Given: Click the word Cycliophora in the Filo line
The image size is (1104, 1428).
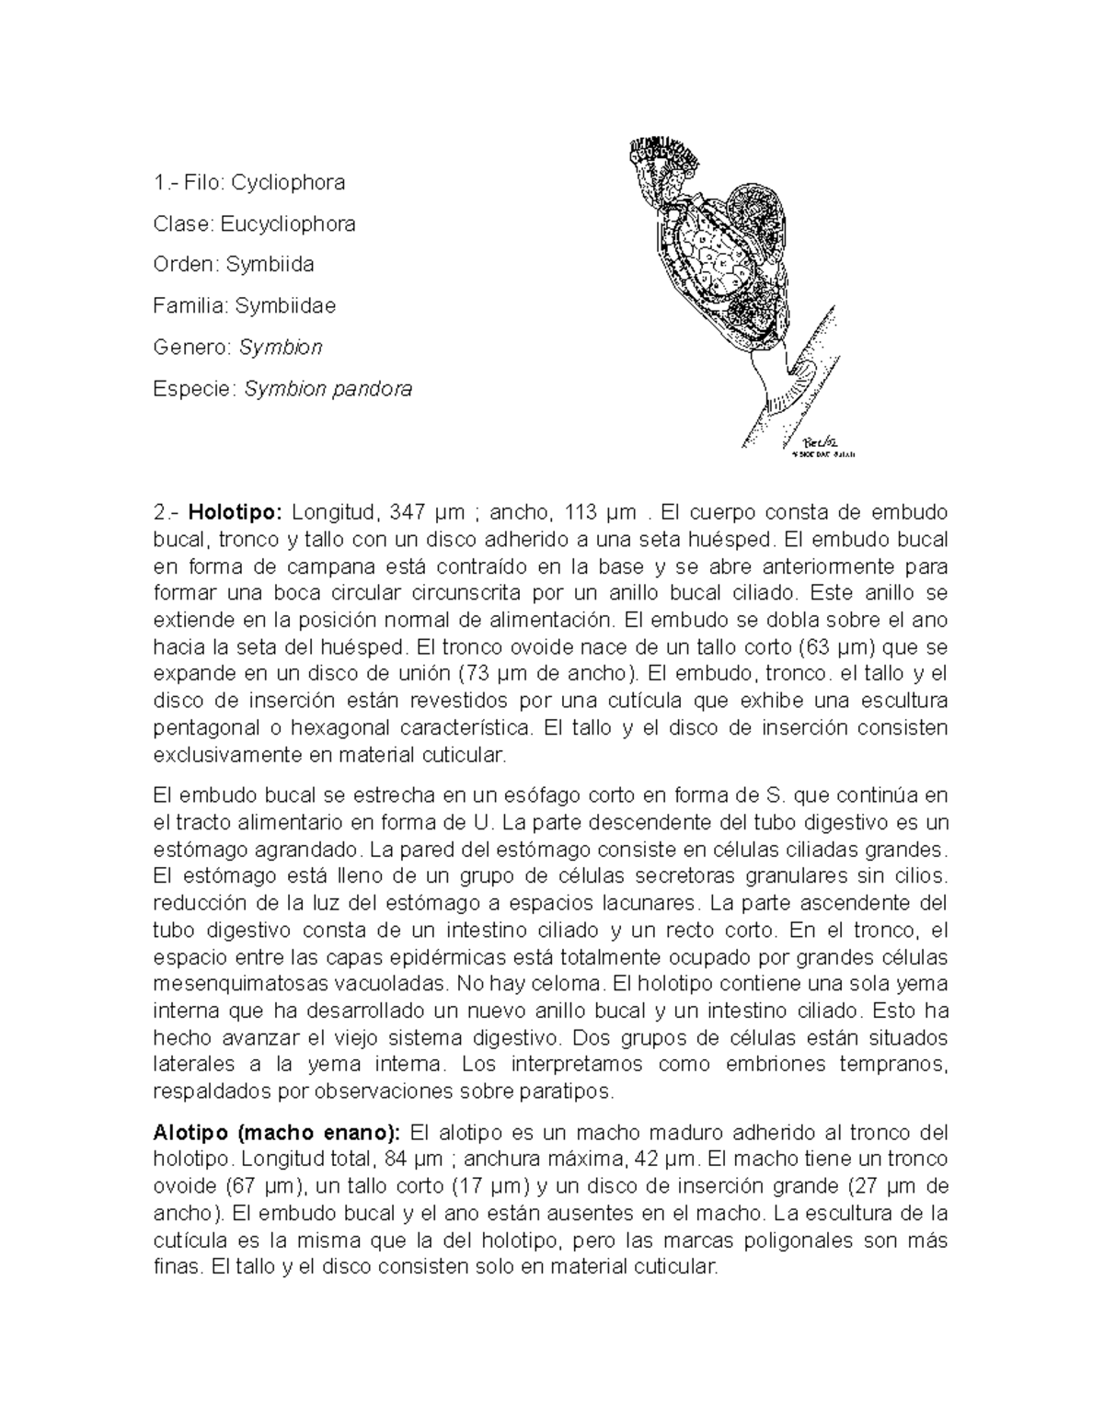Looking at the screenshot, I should point(288,182).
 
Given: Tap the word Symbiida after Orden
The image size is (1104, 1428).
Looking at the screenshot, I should point(274,265).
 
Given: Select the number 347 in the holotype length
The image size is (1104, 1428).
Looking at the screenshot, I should point(408,512).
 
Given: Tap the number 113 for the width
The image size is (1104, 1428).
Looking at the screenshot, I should point(578,512).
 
